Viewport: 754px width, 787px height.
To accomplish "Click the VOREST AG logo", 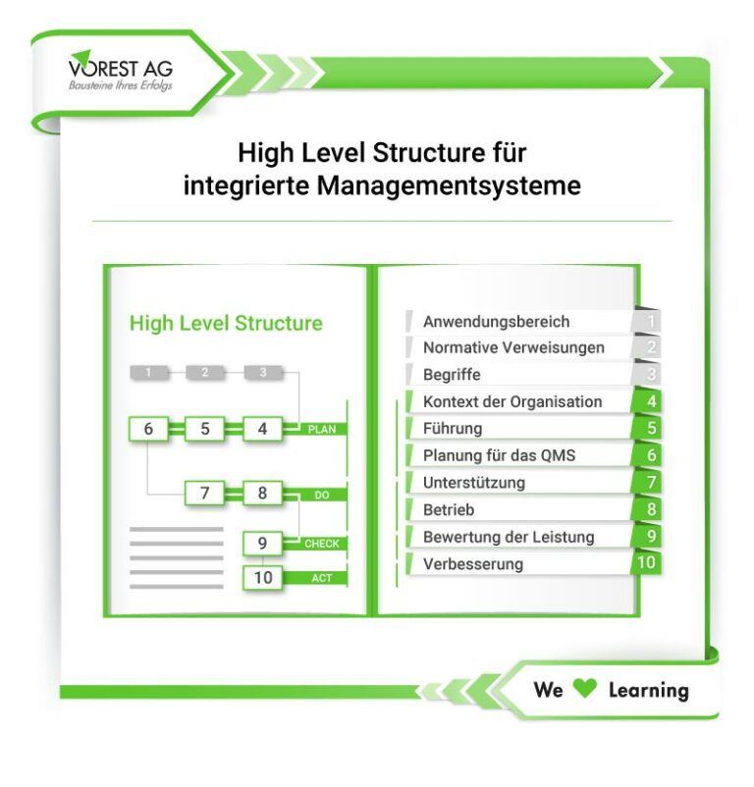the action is click(x=121, y=71).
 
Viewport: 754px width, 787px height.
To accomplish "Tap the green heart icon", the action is click(x=585, y=689).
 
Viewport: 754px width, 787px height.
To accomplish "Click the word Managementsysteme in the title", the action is click(x=449, y=185).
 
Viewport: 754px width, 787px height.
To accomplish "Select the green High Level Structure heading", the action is click(x=226, y=323).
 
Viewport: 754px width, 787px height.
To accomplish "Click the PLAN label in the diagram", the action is click(x=322, y=429).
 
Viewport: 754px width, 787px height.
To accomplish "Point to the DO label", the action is click(x=322, y=495).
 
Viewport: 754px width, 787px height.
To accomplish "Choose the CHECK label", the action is click(x=322, y=544).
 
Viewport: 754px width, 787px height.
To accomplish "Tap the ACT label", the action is click(x=322, y=578).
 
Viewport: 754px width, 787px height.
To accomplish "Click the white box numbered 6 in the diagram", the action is click(x=148, y=429).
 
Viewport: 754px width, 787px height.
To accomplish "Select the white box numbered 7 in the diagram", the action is click(x=205, y=493).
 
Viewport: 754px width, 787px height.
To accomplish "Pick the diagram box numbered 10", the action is click(x=262, y=577).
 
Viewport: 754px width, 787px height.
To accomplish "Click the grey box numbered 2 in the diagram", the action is click(x=205, y=373).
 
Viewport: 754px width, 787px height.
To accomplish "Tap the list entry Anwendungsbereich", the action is click(x=496, y=321).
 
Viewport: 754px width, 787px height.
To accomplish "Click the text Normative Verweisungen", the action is click(x=513, y=347).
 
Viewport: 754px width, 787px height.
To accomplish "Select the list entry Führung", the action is click(x=453, y=428).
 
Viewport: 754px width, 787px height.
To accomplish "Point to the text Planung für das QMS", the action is click(x=499, y=455).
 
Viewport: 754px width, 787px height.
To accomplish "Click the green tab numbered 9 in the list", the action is click(x=648, y=536).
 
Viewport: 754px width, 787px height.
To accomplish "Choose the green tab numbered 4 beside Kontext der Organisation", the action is click(x=648, y=401).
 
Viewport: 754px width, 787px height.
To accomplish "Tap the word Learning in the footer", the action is click(x=649, y=690).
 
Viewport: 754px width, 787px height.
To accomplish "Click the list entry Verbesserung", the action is click(x=473, y=563).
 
